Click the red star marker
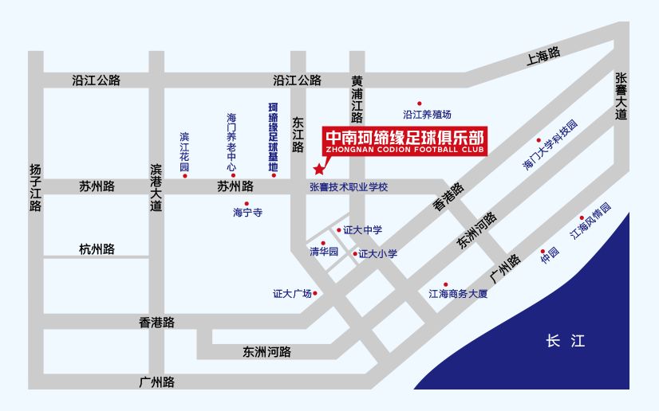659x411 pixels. tap(319, 169)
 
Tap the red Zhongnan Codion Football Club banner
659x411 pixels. tap(405, 140)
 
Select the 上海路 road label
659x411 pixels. tap(543, 55)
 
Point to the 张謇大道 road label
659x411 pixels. tap(622, 96)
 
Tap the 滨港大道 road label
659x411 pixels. tap(156, 188)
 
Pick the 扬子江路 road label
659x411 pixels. tap(35, 188)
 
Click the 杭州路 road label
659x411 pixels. tap(97, 249)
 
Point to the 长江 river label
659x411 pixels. tap(565, 341)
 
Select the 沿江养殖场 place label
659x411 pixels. tap(428, 115)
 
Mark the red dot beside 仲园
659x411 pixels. tap(543, 249)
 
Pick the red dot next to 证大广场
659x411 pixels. tap(316, 293)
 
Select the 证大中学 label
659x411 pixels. tap(362, 230)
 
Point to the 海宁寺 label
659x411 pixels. tap(247, 213)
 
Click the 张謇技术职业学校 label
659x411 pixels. tap(349, 187)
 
